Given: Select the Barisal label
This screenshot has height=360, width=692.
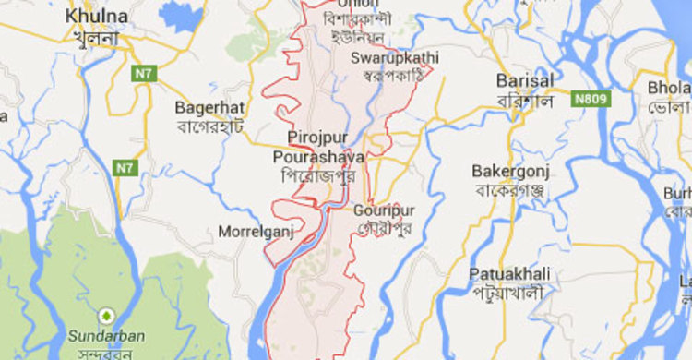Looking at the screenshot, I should click(x=525, y=80).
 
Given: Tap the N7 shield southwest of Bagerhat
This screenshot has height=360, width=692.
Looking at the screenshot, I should click(x=125, y=168).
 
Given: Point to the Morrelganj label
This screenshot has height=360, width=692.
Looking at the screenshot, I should click(x=256, y=231).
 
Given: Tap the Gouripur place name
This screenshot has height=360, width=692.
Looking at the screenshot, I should click(x=384, y=210).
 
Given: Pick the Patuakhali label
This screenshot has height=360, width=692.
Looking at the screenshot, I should click(x=508, y=274).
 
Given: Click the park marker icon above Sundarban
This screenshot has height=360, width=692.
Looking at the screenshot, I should click(x=106, y=314).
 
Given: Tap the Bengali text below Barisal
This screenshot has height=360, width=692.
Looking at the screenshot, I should click(x=523, y=99).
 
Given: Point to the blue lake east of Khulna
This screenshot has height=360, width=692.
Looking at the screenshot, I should click(x=180, y=17).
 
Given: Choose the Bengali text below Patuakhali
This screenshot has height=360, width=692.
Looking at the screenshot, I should click(x=507, y=293).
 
